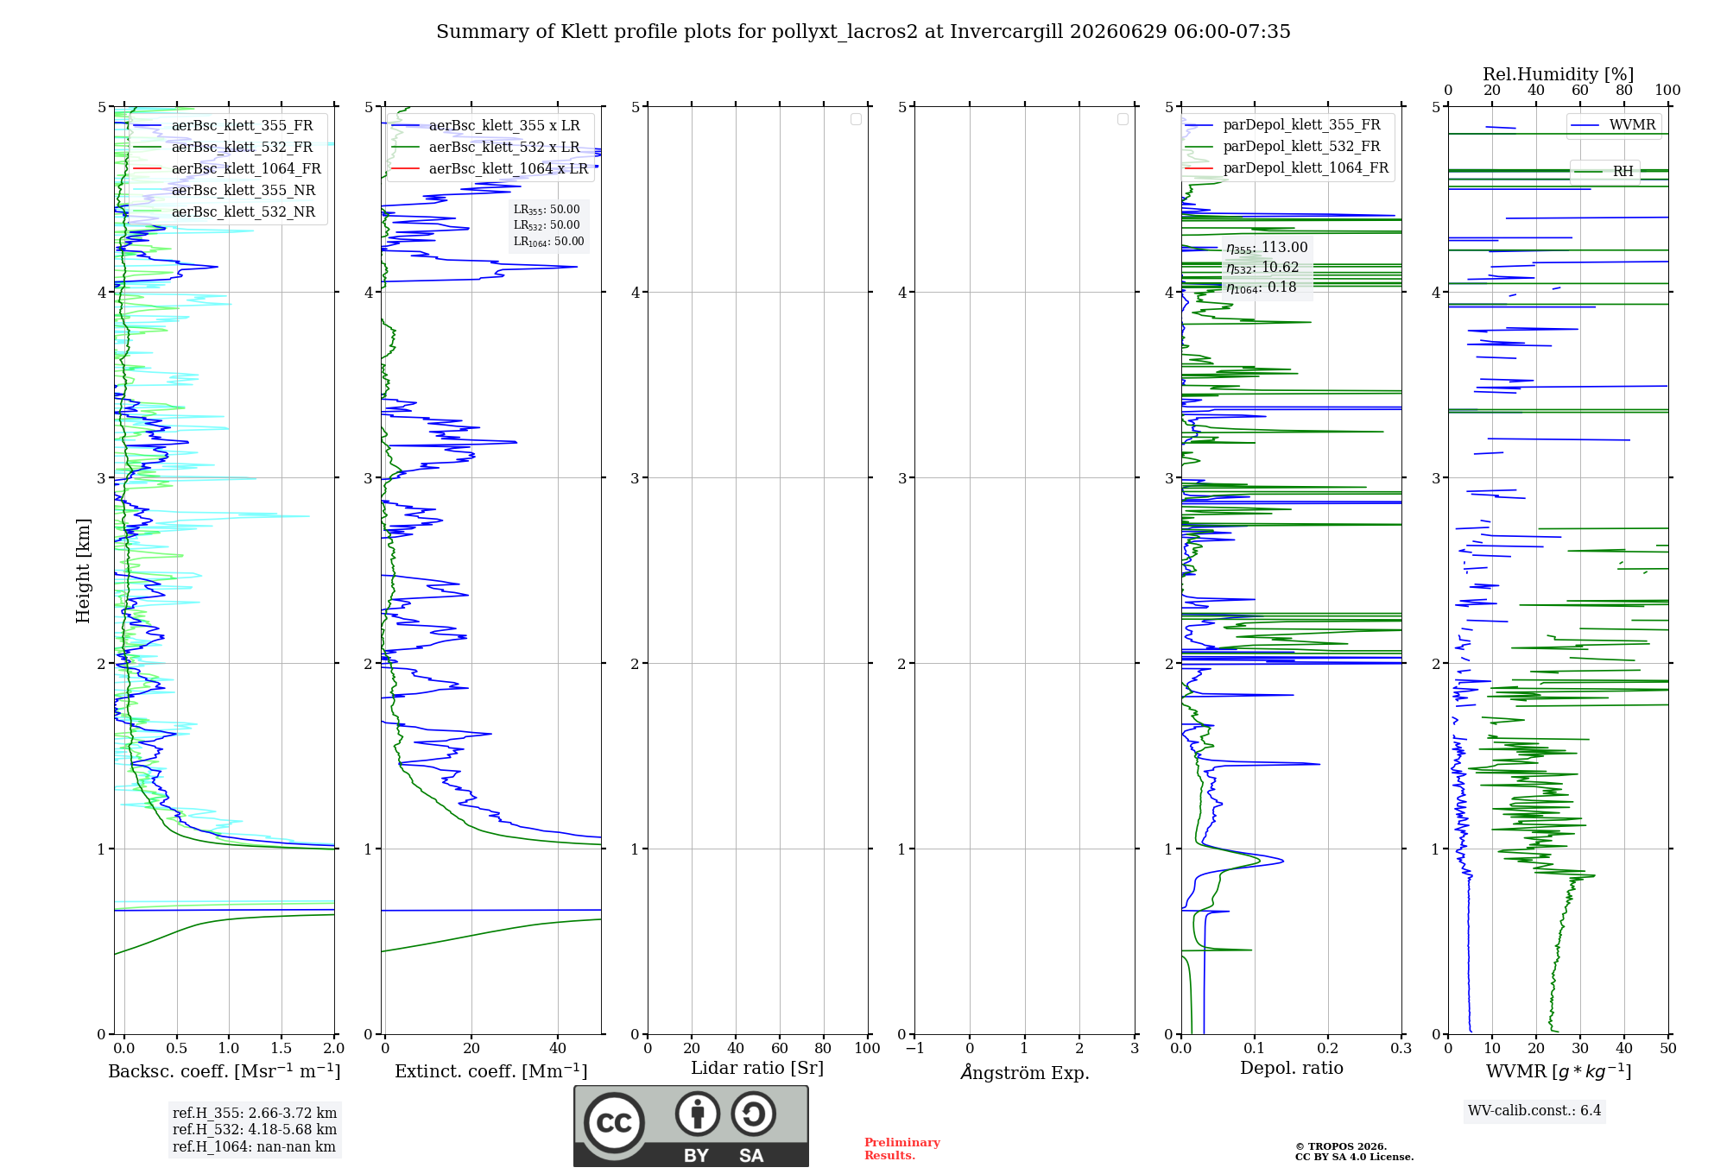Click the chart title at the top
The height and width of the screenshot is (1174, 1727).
coord(863,32)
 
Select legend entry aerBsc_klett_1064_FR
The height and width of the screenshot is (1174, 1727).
coord(246,168)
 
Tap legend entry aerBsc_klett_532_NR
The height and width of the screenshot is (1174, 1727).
coord(244,211)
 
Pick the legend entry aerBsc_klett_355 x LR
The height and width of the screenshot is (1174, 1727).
coord(504,125)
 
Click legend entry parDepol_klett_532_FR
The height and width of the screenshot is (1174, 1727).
coord(1301,147)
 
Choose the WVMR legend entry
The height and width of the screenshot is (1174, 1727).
coord(1632,125)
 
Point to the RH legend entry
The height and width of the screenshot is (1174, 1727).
coord(1623,172)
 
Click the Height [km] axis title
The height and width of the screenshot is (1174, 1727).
coord(83,571)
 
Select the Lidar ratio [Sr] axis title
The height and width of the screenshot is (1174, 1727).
coord(757,1069)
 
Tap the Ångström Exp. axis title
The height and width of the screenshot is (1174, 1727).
coord(1025,1071)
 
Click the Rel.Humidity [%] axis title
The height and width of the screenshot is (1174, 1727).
coord(1558,74)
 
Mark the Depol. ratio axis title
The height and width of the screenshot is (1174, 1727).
coord(1292,1069)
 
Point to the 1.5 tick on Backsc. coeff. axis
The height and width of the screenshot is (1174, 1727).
coord(282,1048)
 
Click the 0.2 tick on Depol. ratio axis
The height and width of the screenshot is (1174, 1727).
coord(1328,1048)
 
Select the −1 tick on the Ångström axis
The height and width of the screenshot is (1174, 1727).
coord(914,1048)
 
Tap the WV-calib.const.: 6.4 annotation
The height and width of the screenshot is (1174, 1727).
coord(1534,1110)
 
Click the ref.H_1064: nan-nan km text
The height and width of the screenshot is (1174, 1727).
coord(254,1146)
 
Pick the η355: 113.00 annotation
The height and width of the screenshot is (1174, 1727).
coord(1267,248)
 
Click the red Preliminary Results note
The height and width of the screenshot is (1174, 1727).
coord(902,1149)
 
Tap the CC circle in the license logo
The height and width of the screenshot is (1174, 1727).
coord(614,1122)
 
